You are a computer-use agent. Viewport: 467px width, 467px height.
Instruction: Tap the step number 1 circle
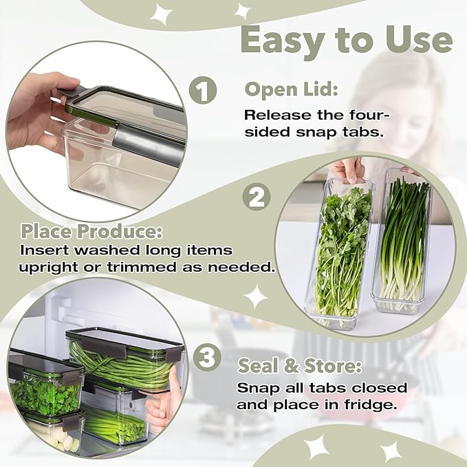203,91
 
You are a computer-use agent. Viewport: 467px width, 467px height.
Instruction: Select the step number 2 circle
255,198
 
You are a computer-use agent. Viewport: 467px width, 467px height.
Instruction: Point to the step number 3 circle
206,358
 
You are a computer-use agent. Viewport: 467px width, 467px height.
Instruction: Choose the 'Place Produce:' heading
91,230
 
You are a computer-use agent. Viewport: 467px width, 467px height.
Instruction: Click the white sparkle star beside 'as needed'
256,297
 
